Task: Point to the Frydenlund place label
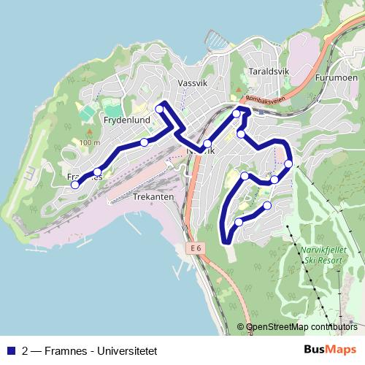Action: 126,119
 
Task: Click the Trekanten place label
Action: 153,197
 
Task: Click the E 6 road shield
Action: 194,248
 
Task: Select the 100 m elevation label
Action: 90,142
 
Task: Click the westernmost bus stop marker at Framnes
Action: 74,185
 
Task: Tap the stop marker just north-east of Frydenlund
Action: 159,109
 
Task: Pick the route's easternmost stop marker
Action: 288,164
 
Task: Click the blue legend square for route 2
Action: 11,350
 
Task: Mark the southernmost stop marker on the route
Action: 239,222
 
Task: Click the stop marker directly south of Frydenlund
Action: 145,142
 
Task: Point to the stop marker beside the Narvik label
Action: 208,143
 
